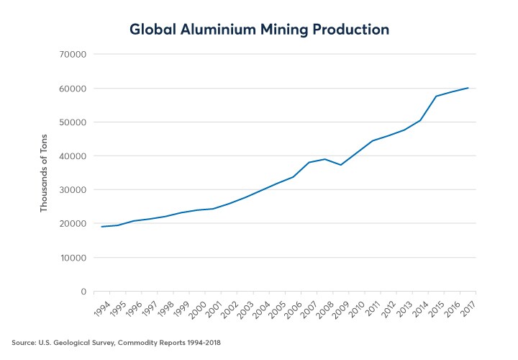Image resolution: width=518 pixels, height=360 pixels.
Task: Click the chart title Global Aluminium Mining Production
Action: [x=259, y=30]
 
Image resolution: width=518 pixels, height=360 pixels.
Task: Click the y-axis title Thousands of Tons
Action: [x=44, y=173]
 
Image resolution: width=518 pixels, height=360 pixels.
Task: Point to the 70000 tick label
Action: [x=72, y=55]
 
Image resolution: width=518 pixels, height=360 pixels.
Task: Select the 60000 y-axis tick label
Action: [x=72, y=89]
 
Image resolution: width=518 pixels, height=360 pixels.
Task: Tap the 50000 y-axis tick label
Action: [x=72, y=122]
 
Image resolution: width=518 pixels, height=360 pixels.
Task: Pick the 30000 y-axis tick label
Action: [x=72, y=190]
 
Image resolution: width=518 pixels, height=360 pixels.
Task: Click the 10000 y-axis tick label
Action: [x=72, y=258]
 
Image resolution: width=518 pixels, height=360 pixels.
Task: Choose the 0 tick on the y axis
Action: [x=83, y=292]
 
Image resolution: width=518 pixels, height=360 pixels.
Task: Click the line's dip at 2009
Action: [x=341, y=165]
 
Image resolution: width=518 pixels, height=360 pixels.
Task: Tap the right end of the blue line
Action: [x=468, y=88]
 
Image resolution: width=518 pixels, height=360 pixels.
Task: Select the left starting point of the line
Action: [x=101, y=227]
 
